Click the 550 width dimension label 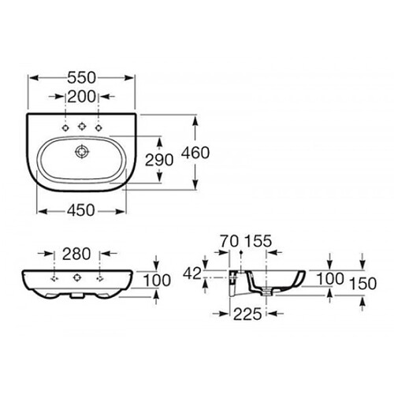[81, 78]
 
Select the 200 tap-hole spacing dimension [82, 97]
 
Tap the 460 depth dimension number [195, 153]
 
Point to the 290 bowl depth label [159, 160]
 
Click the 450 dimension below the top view [80, 210]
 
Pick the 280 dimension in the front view [76, 254]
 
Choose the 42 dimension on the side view [192, 273]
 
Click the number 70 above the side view [229, 241]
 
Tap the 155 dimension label [258, 241]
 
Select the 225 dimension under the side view [247, 314]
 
